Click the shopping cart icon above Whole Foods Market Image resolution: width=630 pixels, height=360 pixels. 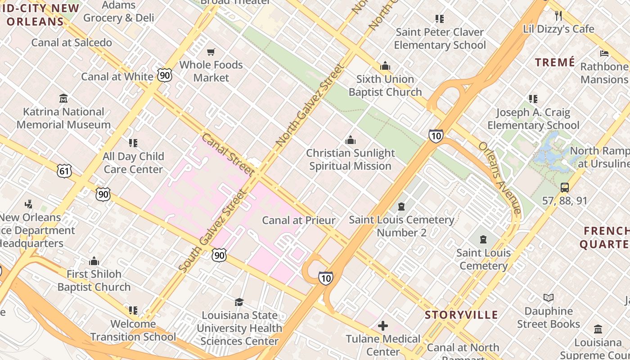(x=211, y=52)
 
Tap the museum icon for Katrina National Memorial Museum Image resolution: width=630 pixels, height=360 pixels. (x=63, y=98)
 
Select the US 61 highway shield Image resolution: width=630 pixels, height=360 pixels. (x=64, y=170)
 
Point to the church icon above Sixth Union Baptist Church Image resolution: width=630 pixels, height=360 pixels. (x=385, y=66)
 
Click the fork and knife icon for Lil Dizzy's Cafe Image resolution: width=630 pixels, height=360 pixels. (x=558, y=16)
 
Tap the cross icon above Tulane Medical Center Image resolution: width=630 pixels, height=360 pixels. (x=383, y=325)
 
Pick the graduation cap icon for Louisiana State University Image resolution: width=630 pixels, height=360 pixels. (x=239, y=302)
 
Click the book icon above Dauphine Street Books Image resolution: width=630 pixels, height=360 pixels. (x=548, y=297)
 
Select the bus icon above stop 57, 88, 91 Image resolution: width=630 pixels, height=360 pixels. (x=564, y=188)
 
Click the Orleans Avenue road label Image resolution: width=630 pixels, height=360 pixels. (x=499, y=178)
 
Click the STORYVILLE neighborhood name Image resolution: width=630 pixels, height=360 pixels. (x=461, y=315)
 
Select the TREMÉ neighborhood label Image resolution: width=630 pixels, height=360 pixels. (x=555, y=62)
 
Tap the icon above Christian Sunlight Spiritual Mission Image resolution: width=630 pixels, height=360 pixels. (x=350, y=140)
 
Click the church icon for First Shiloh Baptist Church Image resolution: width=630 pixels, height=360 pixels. (x=94, y=261)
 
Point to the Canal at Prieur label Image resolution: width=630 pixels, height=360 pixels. (x=299, y=220)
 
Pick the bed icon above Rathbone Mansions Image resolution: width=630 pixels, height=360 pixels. (x=604, y=54)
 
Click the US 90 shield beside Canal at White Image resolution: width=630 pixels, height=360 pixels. (x=165, y=75)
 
